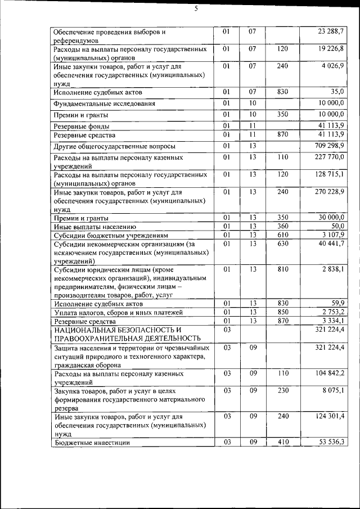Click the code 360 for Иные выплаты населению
click(x=283, y=226)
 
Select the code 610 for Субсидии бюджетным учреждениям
click(x=283, y=235)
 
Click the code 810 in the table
click(x=283, y=269)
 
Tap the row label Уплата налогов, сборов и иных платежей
click(x=120, y=312)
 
